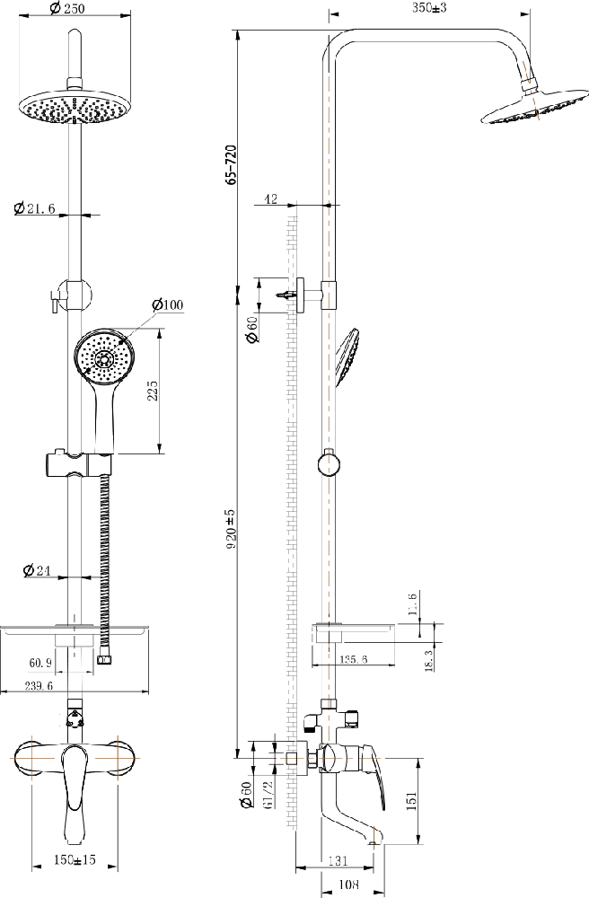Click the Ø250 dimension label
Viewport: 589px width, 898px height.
[x=66, y=9]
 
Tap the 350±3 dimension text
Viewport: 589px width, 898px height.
[x=428, y=7]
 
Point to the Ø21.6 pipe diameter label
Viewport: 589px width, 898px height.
[x=34, y=208]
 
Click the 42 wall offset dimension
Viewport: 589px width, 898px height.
[x=271, y=198]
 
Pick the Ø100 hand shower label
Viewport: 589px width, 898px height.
[x=168, y=304]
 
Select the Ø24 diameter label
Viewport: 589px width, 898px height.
[x=37, y=570]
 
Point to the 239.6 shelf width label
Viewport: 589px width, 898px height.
[x=39, y=685]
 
